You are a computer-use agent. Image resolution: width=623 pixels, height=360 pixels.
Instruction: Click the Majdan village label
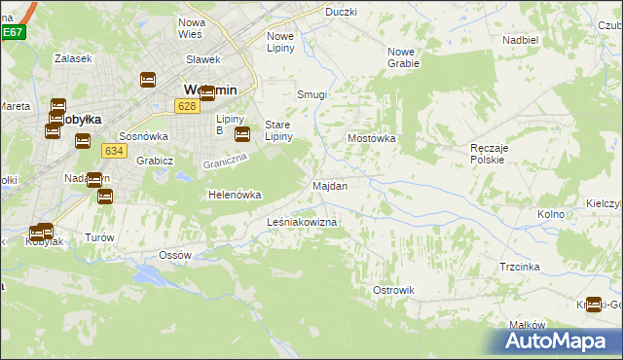[329, 185]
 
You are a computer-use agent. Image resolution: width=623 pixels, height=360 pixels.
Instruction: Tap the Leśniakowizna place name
[302, 223]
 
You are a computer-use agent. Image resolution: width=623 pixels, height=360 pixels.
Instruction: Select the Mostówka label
[372, 139]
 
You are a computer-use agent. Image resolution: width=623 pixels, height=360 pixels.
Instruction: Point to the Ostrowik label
[394, 290]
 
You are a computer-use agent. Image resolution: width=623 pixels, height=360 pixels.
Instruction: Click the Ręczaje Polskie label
[487, 152]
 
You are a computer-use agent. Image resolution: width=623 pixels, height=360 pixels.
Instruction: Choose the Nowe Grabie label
[403, 56]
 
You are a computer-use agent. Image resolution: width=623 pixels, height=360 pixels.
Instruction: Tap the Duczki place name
[341, 12]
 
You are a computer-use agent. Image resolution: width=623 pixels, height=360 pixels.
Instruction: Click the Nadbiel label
[520, 40]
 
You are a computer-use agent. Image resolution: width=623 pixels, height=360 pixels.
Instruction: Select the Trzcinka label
[520, 266]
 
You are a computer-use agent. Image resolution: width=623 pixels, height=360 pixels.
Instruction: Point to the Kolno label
[551, 213]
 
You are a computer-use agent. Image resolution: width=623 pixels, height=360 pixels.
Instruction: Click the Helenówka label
[235, 195]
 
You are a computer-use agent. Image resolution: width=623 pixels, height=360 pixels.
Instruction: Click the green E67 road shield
[12, 32]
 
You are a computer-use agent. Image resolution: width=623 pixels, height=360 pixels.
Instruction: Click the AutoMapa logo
[559, 341]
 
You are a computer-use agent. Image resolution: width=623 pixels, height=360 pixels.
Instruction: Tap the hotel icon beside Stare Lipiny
[242, 134]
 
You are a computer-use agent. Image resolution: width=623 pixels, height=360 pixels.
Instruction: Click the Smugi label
[311, 95]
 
